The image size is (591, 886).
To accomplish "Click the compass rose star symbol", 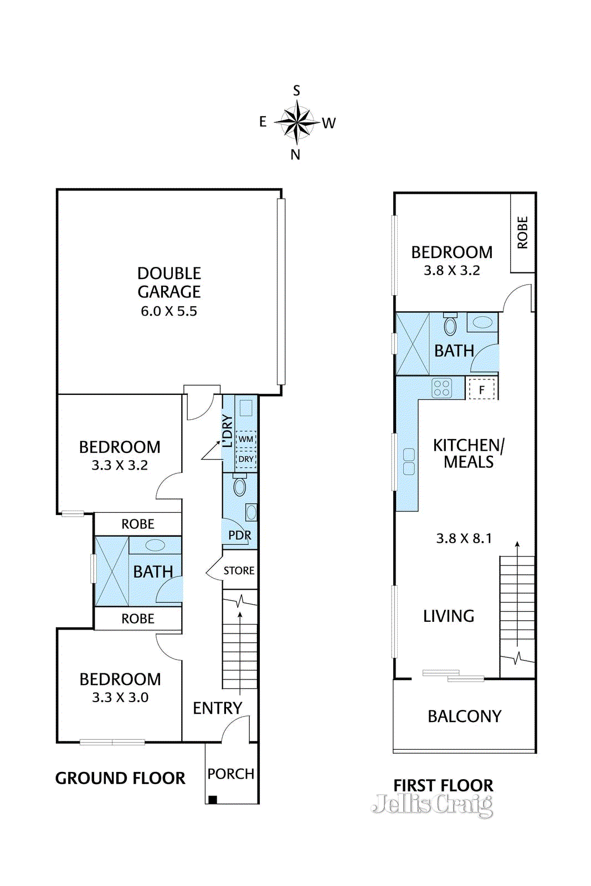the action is [x=296, y=122].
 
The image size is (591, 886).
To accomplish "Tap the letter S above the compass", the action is [x=296, y=91].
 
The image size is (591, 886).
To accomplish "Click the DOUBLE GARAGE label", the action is [x=169, y=282].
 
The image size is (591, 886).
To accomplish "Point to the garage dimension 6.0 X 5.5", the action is [x=169, y=311].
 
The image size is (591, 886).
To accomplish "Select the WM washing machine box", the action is [x=246, y=440].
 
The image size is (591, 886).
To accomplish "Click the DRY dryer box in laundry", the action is [x=246, y=459].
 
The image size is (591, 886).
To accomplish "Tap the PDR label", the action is [x=240, y=535].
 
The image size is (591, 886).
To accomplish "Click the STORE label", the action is [x=239, y=570].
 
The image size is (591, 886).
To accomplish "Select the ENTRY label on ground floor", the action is [x=217, y=708].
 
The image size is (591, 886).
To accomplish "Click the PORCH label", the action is [x=230, y=774].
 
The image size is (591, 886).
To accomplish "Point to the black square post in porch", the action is [x=213, y=800].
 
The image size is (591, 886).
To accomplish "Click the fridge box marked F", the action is [x=481, y=390].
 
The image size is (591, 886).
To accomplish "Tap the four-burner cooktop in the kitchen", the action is [x=441, y=388].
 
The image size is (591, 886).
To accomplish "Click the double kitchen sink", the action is [x=409, y=462].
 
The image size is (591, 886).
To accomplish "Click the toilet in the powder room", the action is [x=240, y=485].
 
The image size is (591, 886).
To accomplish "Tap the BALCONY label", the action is [x=464, y=716].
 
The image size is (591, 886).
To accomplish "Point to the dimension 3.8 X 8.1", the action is [x=464, y=538].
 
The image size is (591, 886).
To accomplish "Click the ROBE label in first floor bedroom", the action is [x=522, y=232].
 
